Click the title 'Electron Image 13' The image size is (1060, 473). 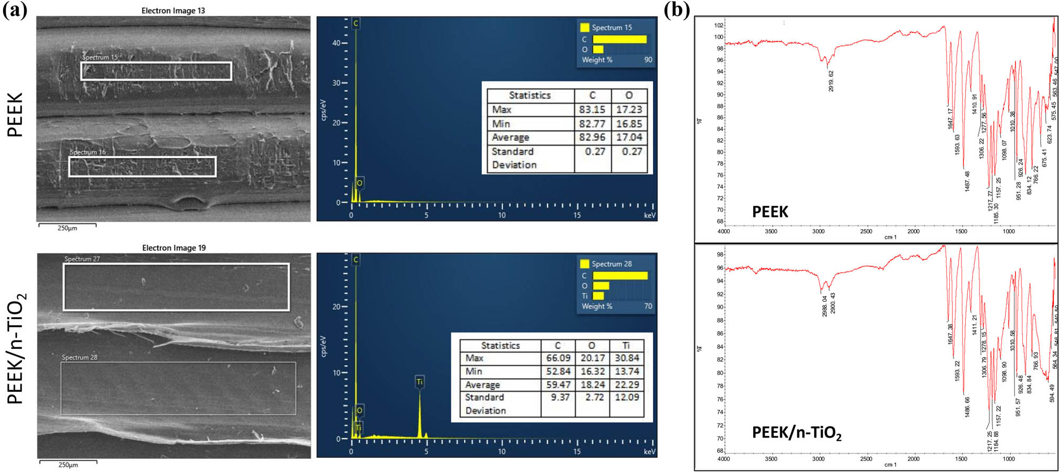[x=173, y=11]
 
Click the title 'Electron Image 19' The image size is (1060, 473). [x=174, y=248]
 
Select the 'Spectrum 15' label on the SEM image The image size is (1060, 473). [x=100, y=57]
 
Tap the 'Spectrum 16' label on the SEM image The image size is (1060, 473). [x=87, y=152]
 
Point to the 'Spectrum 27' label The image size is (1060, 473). [x=82, y=259]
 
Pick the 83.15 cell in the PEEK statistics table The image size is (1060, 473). [x=592, y=110]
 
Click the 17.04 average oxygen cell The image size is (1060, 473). [x=629, y=137]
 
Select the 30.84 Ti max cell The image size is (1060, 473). [x=626, y=358]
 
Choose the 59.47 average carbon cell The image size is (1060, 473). [x=558, y=384]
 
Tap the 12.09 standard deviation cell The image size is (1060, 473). [x=626, y=397]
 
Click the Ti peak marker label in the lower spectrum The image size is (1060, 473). [x=419, y=382]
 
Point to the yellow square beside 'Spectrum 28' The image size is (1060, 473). [x=585, y=264]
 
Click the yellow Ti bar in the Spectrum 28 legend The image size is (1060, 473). [x=598, y=296]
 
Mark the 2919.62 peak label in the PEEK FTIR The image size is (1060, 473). [x=831, y=81]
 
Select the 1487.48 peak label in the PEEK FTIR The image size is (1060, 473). [x=967, y=181]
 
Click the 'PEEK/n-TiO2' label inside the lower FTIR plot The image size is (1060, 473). [x=796, y=433]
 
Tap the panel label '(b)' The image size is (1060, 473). [x=677, y=10]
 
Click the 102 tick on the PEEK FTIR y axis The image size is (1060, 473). [x=718, y=25]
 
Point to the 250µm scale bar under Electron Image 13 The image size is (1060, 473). [x=67, y=225]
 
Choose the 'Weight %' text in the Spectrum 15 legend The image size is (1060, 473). [x=597, y=60]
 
